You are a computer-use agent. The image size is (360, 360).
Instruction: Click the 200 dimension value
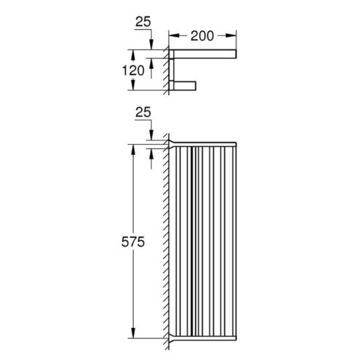(202, 36)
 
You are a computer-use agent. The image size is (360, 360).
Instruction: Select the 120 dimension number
(133, 71)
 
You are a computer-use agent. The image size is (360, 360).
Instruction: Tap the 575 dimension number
(133, 241)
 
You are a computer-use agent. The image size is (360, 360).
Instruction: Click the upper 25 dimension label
(143, 22)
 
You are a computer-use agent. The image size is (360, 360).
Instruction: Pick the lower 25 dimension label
(143, 112)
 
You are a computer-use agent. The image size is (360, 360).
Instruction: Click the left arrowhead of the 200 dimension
(174, 36)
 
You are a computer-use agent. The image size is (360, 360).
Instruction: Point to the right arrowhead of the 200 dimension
(231, 36)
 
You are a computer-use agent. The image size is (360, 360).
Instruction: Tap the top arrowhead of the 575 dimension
(133, 150)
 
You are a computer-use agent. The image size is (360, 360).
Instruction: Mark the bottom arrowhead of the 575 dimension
(133, 332)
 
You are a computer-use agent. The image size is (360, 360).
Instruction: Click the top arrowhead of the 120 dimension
(133, 55)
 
